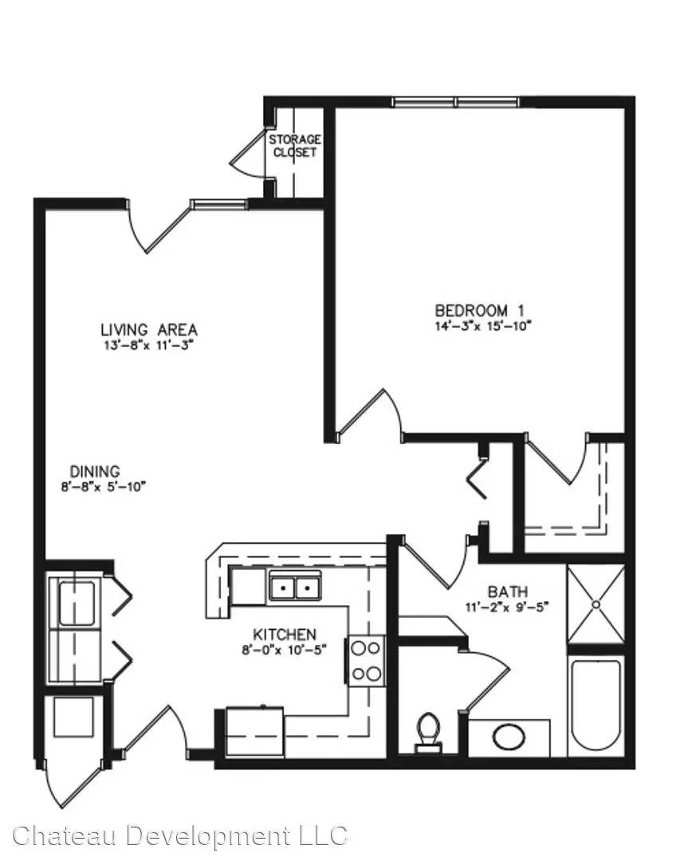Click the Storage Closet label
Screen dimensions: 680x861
click(294, 146)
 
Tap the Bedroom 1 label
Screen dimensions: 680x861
click(479, 310)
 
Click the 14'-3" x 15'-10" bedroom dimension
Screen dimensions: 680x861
click(484, 326)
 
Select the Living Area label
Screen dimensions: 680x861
click(149, 329)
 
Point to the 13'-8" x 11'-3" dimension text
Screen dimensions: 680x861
click(149, 345)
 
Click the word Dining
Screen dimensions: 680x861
click(95, 471)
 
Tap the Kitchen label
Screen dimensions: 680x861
click(285, 635)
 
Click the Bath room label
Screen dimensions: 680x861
click(508, 592)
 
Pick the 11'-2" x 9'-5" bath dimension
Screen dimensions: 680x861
click(507, 607)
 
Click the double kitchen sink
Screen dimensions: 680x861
click(295, 587)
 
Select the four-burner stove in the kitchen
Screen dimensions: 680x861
click(366, 661)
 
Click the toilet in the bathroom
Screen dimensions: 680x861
click(428, 732)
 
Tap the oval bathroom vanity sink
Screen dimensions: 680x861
click(509, 737)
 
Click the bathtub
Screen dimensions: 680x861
click(596, 705)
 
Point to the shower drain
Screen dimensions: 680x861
click(596, 604)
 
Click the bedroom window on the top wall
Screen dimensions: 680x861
click(456, 102)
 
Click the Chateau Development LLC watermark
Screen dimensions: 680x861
click(179, 836)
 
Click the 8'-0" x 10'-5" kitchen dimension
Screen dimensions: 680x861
click(285, 651)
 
